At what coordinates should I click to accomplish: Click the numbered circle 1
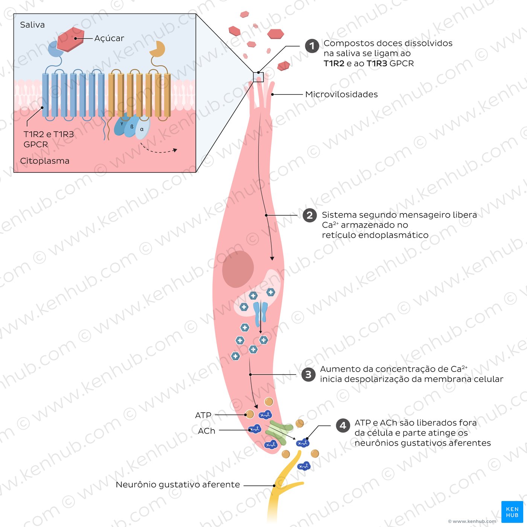click(312, 46)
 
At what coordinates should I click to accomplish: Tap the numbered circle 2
click(309, 215)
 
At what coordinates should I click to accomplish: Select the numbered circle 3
click(308, 375)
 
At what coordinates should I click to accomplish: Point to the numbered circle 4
click(343, 426)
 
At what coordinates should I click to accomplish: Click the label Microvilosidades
click(341, 94)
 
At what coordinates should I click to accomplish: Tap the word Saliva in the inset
click(32, 25)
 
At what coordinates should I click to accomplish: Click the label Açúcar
click(109, 38)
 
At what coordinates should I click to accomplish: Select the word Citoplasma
click(45, 161)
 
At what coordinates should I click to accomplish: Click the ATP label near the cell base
click(203, 415)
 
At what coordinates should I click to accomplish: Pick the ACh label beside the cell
click(207, 431)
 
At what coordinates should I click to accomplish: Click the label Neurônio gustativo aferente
click(178, 485)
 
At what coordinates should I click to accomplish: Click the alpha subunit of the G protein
click(142, 128)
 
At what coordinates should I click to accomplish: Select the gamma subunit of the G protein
click(120, 125)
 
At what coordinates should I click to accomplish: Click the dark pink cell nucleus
click(238, 269)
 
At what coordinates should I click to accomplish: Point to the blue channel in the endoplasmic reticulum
click(260, 313)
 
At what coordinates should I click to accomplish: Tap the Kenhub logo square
click(512, 512)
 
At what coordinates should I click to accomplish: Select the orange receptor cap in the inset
click(157, 49)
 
